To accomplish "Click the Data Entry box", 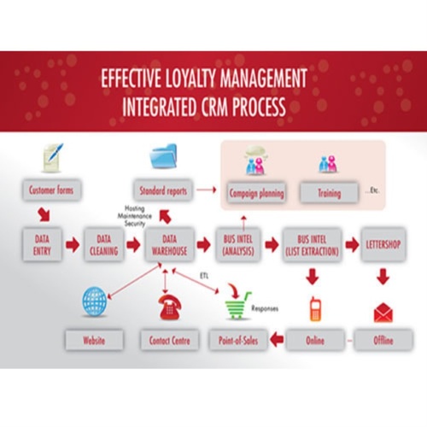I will (41, 246).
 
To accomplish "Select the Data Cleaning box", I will (102, 246).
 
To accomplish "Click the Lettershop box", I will (383, 246).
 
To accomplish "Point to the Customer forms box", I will (49, 190).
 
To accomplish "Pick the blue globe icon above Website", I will (95, 303).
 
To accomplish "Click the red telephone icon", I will (167, 306).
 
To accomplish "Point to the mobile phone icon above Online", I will (313, 309).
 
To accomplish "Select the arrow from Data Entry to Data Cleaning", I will (73, 246).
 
